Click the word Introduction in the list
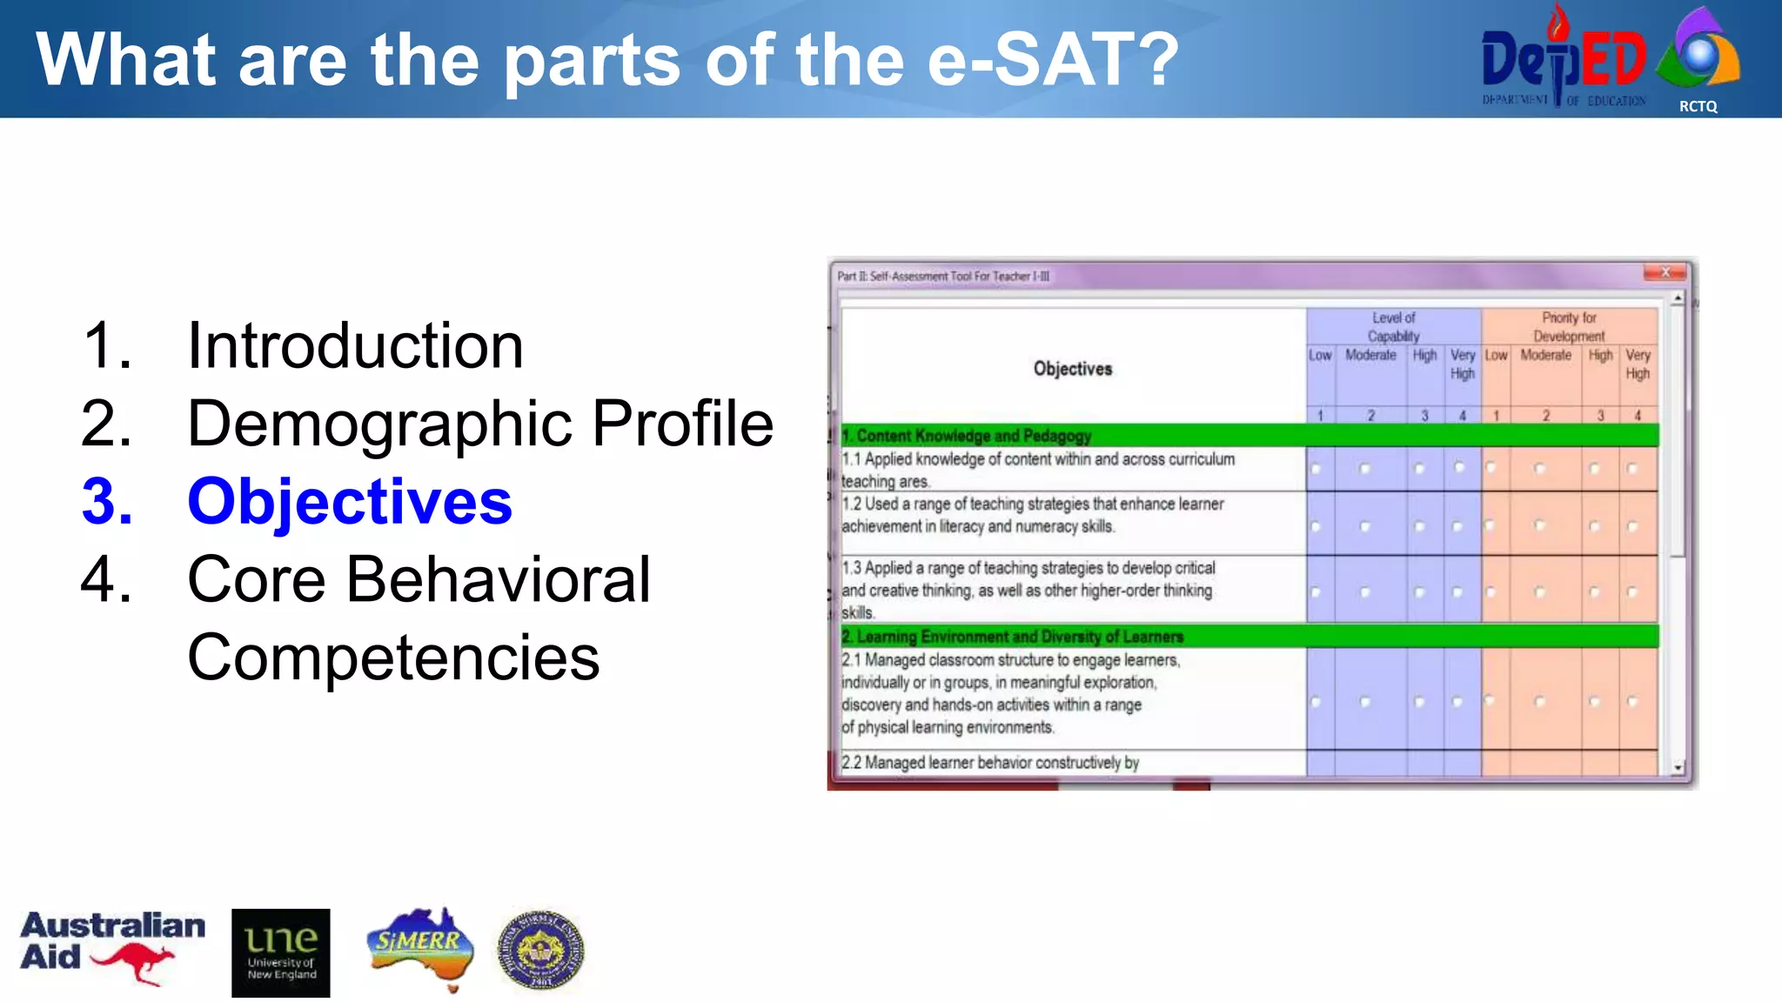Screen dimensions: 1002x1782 355,346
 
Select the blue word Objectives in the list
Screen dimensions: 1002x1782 350,502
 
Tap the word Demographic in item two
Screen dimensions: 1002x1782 379,424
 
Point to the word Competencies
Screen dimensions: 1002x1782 393,658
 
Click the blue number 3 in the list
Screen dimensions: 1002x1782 107,502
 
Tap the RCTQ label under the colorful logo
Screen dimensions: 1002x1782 1698,106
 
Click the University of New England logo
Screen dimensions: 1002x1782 281,952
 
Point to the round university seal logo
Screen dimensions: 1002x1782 540,950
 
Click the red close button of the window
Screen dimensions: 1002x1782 1665,273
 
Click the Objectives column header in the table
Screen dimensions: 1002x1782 1072,369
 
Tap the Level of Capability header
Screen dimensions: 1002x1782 1393,327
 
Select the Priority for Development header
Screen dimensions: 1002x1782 1569,327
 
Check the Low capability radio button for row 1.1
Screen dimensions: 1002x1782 1316,470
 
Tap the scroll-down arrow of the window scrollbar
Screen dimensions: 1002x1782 1678,768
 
